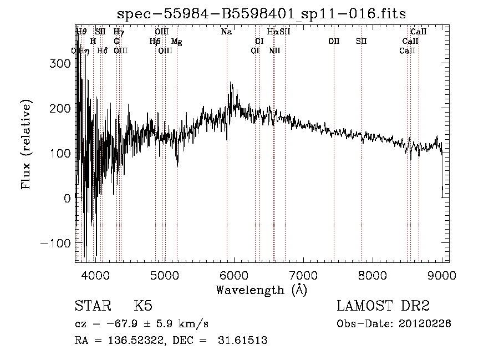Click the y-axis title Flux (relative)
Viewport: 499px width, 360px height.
26,144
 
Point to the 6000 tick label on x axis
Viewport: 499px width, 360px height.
234,275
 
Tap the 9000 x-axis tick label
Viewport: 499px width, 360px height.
442,275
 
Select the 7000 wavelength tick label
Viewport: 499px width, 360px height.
303,275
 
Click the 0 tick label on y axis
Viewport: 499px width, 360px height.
67,199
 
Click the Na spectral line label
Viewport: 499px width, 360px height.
226,32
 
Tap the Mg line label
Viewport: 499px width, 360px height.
176,42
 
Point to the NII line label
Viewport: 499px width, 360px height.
274,51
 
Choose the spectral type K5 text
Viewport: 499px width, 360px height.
143,306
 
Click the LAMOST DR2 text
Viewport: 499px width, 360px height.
383,306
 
